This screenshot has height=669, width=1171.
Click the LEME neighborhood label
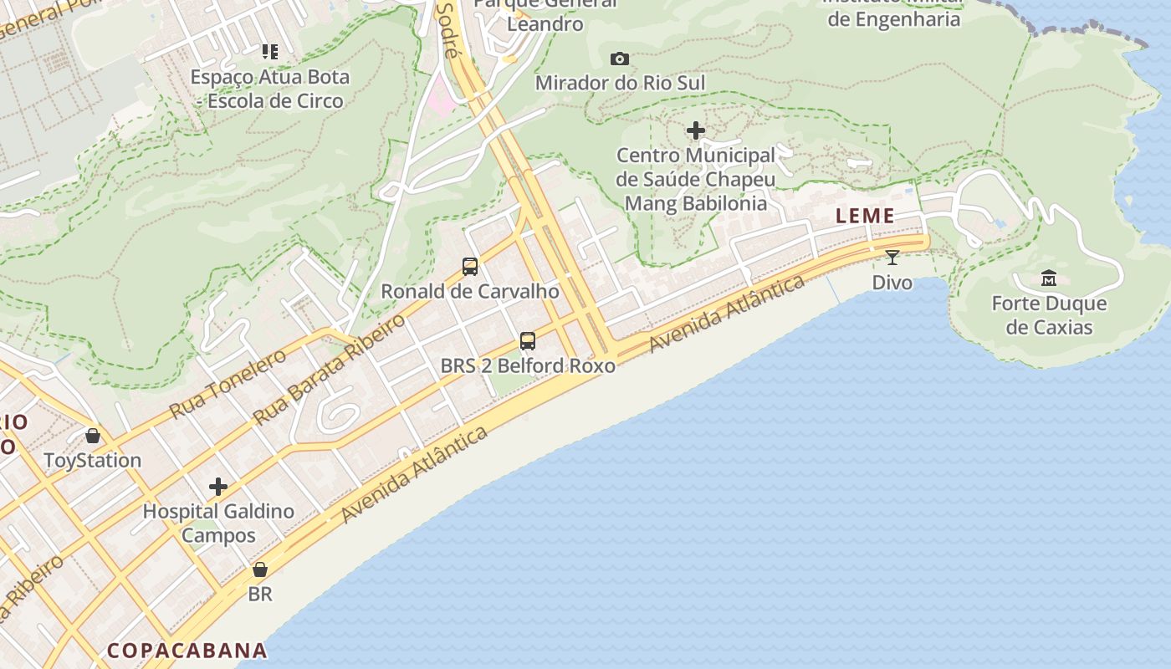pyautogui.click(x=866, y=216)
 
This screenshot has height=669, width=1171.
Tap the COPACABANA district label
pyautogui.click(x=187, y=651)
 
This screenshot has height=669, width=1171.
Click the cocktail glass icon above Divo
pyautogui.click(x=892, y=257)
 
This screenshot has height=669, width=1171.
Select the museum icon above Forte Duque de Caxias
pyautogui.click(x=1049, y=278)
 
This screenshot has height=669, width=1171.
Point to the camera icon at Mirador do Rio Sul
pyautogui.click(x=620, y=59)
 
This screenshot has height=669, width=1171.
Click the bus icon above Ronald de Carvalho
pyautogui.click(x=470, y=267)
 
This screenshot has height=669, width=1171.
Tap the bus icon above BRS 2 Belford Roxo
pyautogui.click(x=528, y=341)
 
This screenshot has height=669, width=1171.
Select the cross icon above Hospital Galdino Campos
pyautogui.click(x=218, y=487)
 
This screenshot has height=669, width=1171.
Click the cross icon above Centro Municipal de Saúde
pyautogui.click(x=696, y=130)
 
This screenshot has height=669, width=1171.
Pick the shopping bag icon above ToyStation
pyautogui.click(x=93, y=436)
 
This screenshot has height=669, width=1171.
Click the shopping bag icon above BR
pyautogui.click(x=260, y=569)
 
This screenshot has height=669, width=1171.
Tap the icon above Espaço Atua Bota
pyautogui.click(x=269, y=52)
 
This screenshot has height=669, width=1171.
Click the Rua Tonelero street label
pyautogui.click(x=228, y=384)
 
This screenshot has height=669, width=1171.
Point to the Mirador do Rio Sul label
pyautogui.click(x=620, y=83)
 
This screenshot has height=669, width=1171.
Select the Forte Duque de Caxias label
pyautogui.click(x=1049, y=315)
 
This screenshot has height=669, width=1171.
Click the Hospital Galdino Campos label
pyautogui.click(x=218, y=523)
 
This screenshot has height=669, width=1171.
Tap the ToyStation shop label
pyautogui.click(x=93, y=460)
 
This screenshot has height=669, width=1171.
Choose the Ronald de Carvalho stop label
pyautogui.click(x=470, y=291)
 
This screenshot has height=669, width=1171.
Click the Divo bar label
pyautogui.click(x=892, y=282)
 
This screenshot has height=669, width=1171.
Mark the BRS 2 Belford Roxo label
pyautogui.click(x=528, y=365)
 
